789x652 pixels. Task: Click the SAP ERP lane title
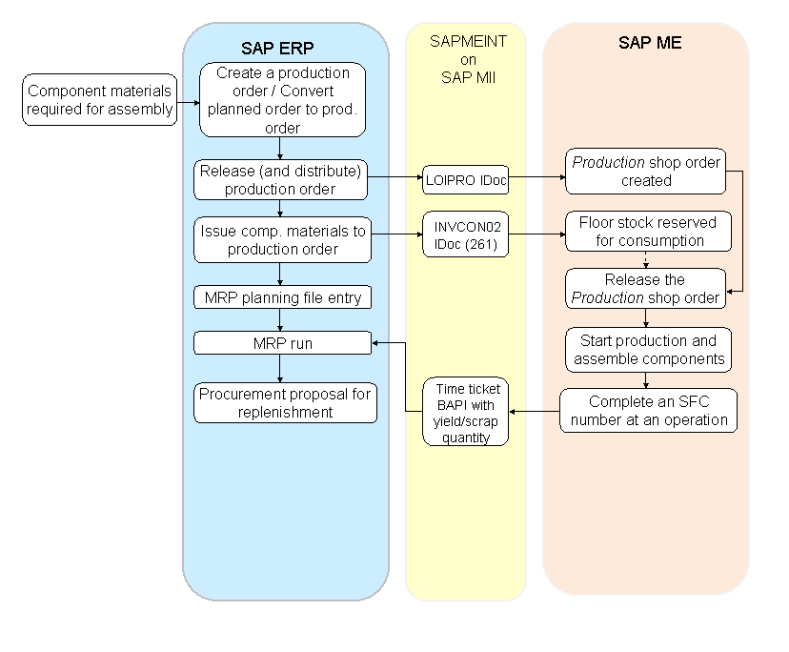pos(277,48)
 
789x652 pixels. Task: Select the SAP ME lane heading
pos(649,43)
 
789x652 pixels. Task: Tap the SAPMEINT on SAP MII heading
pos(467,59)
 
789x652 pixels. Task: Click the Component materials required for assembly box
pos(100,100)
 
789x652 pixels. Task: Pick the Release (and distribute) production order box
pos(280,179)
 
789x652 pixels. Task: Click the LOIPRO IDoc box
pos(466,178)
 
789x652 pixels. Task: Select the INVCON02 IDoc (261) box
pos(466,234)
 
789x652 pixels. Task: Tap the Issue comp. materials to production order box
pos(280,238)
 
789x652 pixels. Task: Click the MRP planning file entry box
pos(283,297)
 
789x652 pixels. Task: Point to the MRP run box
pos(282,342)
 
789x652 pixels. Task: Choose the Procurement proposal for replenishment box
pos(286,402)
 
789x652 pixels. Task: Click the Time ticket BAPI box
pos(465,413)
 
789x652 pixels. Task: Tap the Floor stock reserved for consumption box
pos(647,231)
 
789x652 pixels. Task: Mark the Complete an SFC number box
pos(648,410)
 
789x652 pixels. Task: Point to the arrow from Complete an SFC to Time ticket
pos(535,412)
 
